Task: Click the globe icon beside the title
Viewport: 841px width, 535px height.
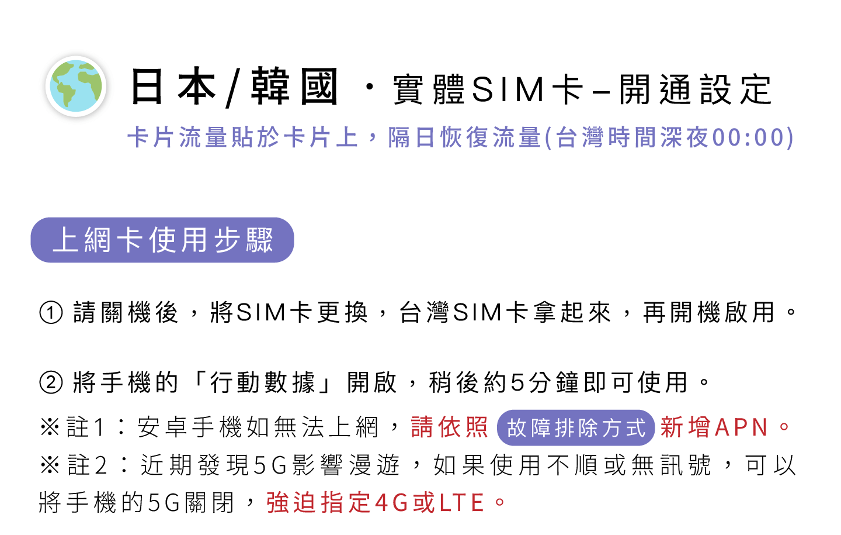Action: (x=76, y=87)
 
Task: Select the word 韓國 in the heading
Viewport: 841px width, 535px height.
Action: (x=295, y=87)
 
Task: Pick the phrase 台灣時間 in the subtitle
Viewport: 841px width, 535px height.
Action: (x=607, y=138)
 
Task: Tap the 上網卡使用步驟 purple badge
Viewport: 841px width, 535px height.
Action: (x=162, y=240)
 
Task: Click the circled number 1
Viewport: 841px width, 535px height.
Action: (x=51, y=312)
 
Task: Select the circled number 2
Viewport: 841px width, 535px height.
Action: (x=51, y=382)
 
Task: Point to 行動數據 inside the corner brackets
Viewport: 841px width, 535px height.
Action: (x=263, y=382)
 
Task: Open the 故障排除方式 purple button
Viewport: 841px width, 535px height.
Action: (x=576, y=427)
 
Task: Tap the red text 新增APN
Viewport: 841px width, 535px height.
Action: (x=714, y=427)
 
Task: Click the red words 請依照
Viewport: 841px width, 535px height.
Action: (x=449, y=427)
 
